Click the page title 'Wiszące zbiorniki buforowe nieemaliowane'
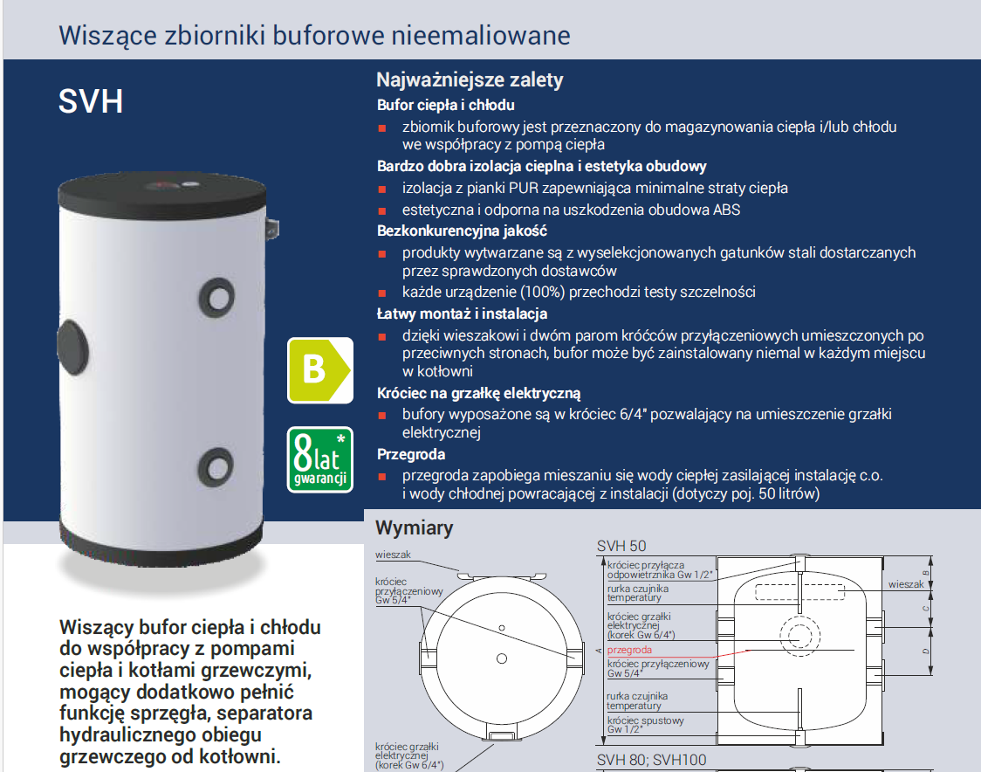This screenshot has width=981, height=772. [x=313, y=36]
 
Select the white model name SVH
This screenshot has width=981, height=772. [x=91, y=101]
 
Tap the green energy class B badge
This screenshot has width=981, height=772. [x=319, y=369]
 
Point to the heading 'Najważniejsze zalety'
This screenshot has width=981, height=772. [x=470, y=80]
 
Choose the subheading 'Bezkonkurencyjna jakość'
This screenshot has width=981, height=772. [x=462, y=231]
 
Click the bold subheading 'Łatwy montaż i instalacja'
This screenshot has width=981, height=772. [x=462, y=314]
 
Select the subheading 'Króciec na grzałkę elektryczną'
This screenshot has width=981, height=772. [x=478, y=394]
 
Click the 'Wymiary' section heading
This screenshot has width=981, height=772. [x=414, y=528]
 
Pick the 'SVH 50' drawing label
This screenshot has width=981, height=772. [x=621, y=546]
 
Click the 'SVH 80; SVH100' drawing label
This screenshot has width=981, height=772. [x=651, y=761]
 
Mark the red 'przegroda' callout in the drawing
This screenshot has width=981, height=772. [x=629, y=651]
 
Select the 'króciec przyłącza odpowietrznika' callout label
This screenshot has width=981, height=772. [x=659, y=569]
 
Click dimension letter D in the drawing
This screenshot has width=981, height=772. [x=926, y=651]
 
